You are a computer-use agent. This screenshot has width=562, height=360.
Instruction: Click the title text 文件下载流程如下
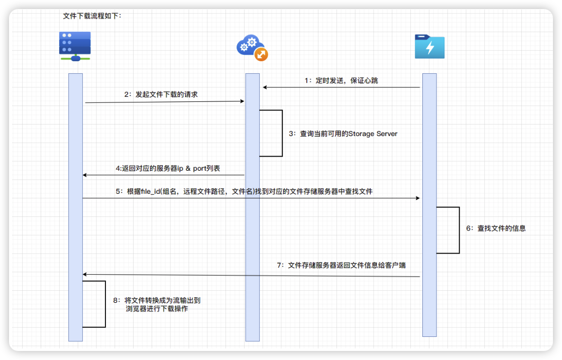[92, 16]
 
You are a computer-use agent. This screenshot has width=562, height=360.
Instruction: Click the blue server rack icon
[75, 45]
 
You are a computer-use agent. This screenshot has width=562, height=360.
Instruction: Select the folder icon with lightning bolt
[429, 47]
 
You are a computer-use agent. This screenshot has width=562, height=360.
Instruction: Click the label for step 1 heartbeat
[341, 80]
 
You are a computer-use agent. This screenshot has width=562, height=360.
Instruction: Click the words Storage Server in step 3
[373, 134]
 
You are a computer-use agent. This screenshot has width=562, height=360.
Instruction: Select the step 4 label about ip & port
[168, 168]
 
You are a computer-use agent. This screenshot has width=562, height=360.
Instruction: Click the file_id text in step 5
[148, 191]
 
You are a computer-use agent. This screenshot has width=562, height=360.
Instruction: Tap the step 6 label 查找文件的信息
[496, 228]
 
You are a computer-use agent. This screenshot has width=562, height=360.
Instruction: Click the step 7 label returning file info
[341, 265]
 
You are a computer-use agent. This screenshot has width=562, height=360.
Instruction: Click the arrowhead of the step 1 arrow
[265, 87]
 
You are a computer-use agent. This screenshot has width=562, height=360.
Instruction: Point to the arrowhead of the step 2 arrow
[242, 101]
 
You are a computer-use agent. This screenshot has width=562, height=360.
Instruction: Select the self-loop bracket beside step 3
[282, 133]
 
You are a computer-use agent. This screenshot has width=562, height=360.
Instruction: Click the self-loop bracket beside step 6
[459, 230]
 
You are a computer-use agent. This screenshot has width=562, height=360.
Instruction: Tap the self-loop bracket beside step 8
[105, 304]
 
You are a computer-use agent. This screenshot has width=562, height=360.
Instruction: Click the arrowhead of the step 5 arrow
[417, 198]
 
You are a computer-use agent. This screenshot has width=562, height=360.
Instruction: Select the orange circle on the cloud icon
[261, 55]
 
